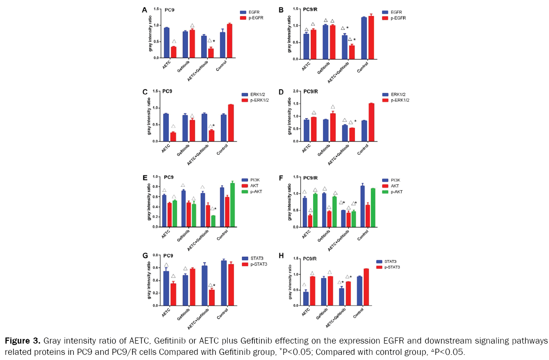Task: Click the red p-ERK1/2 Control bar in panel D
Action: (371, 122)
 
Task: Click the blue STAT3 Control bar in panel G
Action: (224, 283)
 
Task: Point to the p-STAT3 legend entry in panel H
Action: (392, 267)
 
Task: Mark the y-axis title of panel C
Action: (149, 116)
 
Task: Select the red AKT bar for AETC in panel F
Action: (310, 221)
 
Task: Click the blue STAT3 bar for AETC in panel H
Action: (306, 299)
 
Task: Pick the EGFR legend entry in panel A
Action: (251, 11)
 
